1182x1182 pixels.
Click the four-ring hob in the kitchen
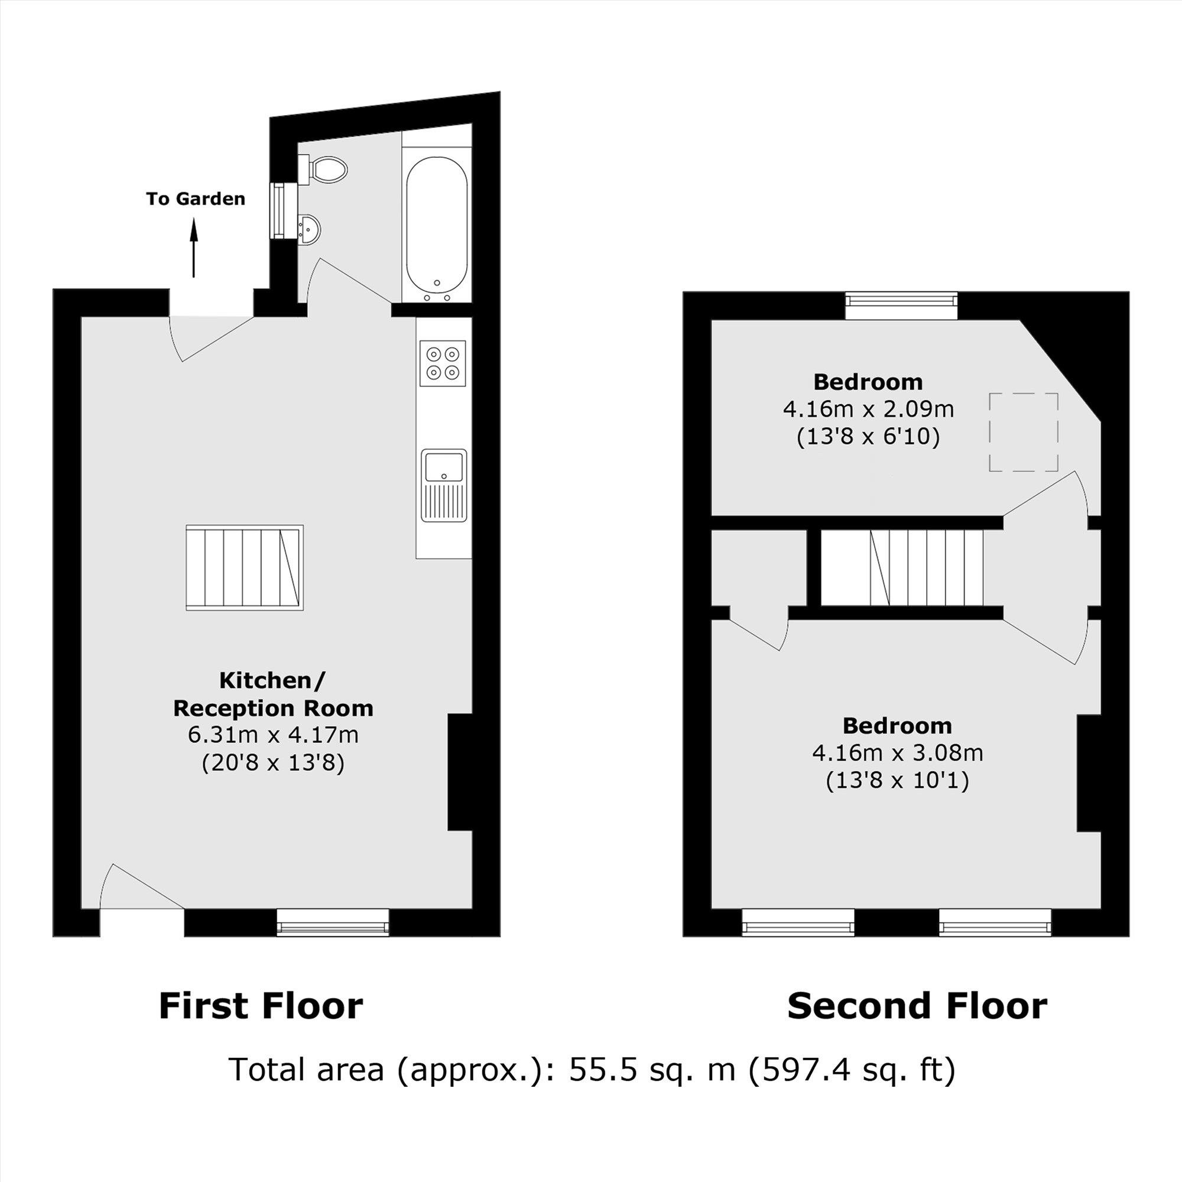point(443,363)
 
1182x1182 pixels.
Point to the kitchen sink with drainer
point(444,485)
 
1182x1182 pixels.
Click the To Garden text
point(196,199)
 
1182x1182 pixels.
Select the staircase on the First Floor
point(245,567)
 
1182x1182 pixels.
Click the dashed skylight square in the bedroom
point(1024,432)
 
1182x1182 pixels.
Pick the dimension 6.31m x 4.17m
point(273,735)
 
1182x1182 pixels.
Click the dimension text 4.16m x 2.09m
point(868,409)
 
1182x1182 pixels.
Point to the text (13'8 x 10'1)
point(897,781)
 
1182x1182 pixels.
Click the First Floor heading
point(261,1006)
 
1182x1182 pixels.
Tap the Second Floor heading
point(917,1006)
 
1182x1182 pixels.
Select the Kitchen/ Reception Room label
point(273,694)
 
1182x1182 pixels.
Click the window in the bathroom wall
point(280,210)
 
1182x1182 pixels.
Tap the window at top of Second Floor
point(901,305)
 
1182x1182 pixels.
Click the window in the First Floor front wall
point(333,922)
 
